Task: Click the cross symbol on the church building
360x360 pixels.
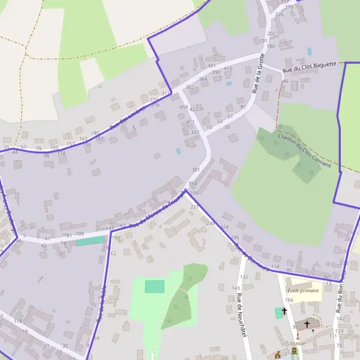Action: [307, 324]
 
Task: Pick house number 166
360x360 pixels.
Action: [289, 300]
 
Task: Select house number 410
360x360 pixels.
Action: [228, 68]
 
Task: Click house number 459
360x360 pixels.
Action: [184, 107]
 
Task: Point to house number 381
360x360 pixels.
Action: [196, 170]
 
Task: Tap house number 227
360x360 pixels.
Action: [194, 206]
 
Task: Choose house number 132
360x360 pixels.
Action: [244, 277]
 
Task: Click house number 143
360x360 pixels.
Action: [236, 288]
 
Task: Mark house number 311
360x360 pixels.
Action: [166, 93]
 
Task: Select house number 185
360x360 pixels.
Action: [95, 133]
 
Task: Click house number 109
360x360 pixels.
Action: [80, 233]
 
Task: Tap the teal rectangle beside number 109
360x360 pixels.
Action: [90, 241]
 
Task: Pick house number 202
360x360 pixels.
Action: [271, 34]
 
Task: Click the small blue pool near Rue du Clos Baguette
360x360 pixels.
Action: [310, 52]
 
